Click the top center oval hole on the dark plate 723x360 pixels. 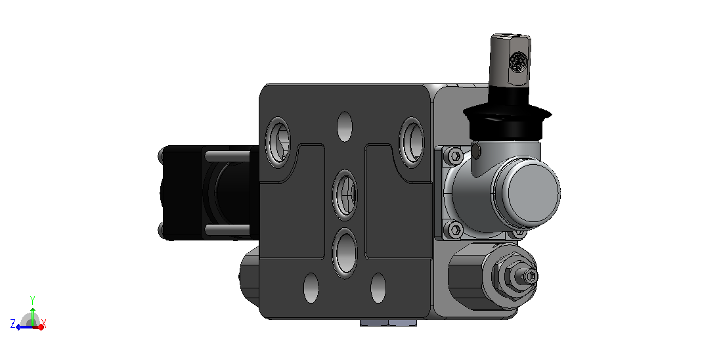point(345,127)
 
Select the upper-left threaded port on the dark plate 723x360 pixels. point(278,141)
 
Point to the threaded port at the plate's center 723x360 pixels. point(345,194)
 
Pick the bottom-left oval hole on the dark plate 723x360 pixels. point(311,288)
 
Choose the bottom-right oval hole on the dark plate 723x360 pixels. point(378,288)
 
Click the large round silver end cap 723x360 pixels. point(533,191)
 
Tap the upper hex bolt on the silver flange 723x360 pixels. point(455,156)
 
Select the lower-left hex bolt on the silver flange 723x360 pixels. point(455,229)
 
